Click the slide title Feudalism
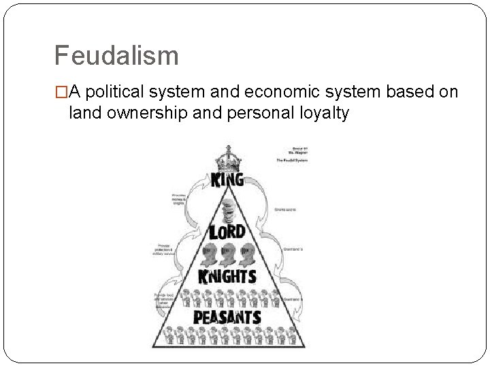tap(116, 55)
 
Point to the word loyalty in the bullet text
tap(321, 112)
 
